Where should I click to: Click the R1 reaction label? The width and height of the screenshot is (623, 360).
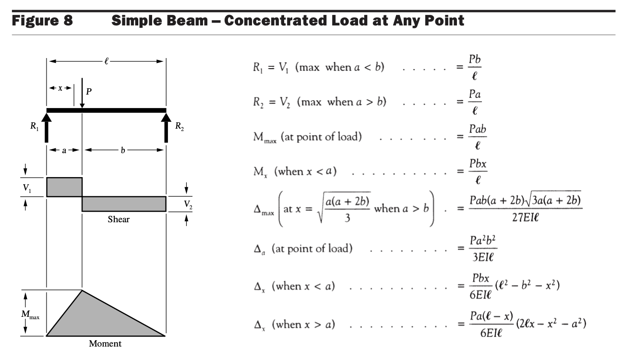click(x=33, y=127)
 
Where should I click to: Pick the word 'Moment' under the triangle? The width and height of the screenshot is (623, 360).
click(x=106, y=344)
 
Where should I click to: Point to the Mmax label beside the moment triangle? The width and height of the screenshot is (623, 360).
click(x=30, y=314)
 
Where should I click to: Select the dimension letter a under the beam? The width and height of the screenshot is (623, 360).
click(x=64, y=149)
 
